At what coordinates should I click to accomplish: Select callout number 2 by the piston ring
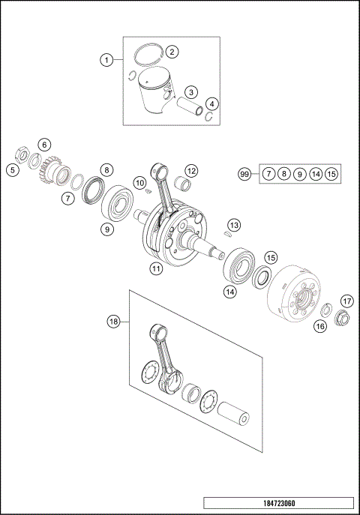(x=172, y=52)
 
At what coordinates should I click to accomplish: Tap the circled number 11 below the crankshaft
(x=155, y=268)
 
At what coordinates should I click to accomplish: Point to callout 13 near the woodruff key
(x=235, y=225)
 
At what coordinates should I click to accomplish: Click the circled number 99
(x=244, y=174)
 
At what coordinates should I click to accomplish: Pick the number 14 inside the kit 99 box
(x=316, y=174)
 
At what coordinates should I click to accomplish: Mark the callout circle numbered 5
(x=13, y=169)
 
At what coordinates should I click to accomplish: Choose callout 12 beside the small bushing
(x=191, y=171)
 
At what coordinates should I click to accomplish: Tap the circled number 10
(x=138, y=183)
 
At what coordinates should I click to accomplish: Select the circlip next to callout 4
(x=211, y=116)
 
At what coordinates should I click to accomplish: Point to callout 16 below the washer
(x=320, y=325)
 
